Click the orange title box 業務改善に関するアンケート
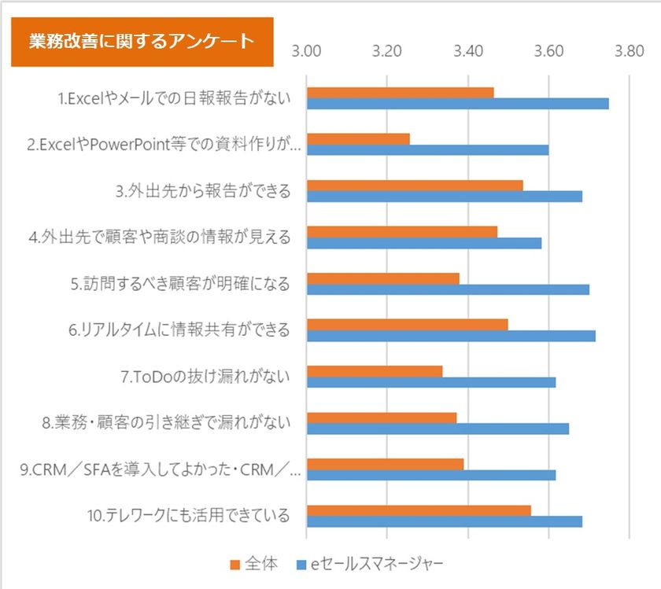pos(142,42)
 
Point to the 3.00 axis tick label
pos(306,51)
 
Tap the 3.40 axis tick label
pos(468,51)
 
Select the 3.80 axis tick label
pos(629,51)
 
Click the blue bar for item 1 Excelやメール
pos(458,104)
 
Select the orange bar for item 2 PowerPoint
pos(358,139)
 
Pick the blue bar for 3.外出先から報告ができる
pos(445,197)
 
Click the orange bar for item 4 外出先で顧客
pos(402,232)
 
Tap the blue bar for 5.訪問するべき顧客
pos(448,289)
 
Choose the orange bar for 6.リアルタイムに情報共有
pos(408,325)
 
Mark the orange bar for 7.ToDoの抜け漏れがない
pos(375,372)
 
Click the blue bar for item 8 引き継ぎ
pos(438,429)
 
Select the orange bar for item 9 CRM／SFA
pos(386,464)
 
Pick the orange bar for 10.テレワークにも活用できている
pos(419,510)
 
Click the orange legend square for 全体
pos(234,565)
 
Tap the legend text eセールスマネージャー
pos(377,564)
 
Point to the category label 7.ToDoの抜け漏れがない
pos(205,376)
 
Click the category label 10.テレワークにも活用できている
pos(188,515)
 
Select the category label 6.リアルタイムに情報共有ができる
pos(179,329)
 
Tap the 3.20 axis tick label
pos(387,51)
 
